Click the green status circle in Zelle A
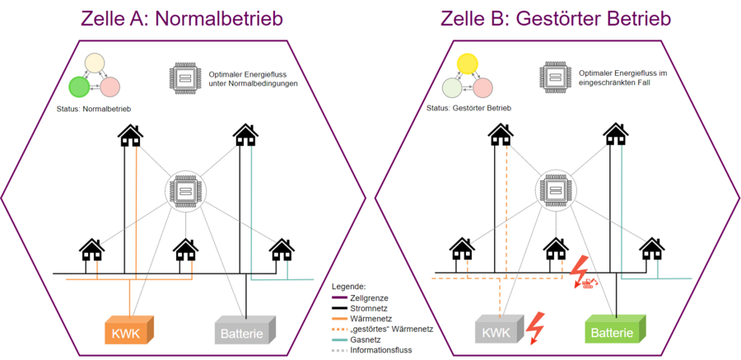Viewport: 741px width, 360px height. tap(79, 86)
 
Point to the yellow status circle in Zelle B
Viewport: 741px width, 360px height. tap(467, 63)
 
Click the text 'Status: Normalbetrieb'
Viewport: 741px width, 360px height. tap(94, 108)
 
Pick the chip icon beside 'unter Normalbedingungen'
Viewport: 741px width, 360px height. tap(183, 77)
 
